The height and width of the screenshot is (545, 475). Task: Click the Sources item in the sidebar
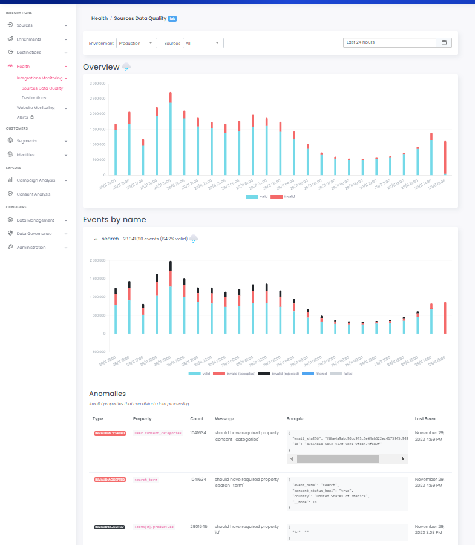click(24, 25)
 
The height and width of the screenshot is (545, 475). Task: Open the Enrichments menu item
click(28, 39)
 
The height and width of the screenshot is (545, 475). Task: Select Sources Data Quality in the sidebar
click(42, 88)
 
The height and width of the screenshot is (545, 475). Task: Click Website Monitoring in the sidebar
click(35, 108)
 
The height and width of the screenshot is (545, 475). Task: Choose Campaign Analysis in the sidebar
click(35, 180)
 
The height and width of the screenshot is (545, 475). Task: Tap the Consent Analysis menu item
click(33, 194)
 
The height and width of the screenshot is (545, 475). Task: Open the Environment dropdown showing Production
click(136, 43)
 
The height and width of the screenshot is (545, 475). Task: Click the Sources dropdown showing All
click(203, 43)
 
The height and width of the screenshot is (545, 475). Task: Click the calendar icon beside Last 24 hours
click(444, 42)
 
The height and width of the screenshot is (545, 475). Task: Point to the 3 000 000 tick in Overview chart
click(97, 84)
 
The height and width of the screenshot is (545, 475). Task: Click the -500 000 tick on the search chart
click(98, 351)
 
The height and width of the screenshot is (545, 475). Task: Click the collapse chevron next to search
click(96, 239)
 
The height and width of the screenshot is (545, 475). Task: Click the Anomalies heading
click(107, 394)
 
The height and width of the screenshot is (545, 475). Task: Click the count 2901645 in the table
click(198, 527)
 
